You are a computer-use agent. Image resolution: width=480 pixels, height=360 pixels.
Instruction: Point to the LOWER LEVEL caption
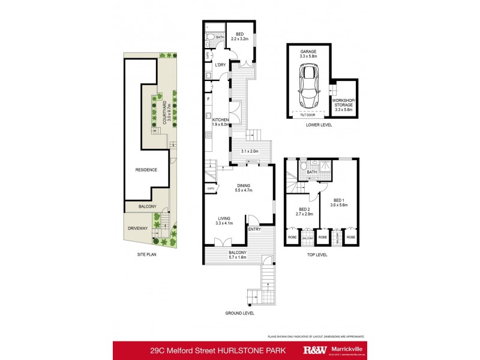[x=319, y=125]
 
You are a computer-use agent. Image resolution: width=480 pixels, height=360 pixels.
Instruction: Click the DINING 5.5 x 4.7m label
[x=243, y=188]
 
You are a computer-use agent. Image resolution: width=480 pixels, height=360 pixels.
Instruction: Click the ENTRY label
[x=254, y=229]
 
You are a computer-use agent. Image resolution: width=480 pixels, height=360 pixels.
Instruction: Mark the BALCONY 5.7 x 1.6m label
[x=237, y=255]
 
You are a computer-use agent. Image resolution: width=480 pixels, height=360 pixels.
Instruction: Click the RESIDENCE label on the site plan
[x=146, y=170]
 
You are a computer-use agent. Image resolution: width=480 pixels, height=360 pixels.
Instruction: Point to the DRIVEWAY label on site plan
[x=137, y=228]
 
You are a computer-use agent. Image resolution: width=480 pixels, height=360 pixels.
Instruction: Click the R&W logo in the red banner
[x=315, y=350]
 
